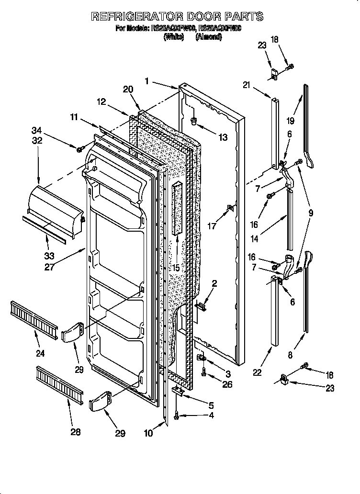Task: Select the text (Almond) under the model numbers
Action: [x=208, y=37]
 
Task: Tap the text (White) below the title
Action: [x=173, y=37]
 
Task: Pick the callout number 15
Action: [x=176, y=268]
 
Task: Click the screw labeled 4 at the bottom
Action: [x=177, y=417]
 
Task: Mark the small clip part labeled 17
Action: [x=230, y=207]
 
